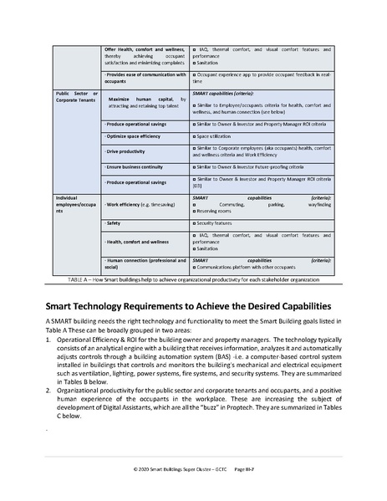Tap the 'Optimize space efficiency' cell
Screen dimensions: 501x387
point(134,135)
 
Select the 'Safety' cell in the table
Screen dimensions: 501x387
point(113,225)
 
